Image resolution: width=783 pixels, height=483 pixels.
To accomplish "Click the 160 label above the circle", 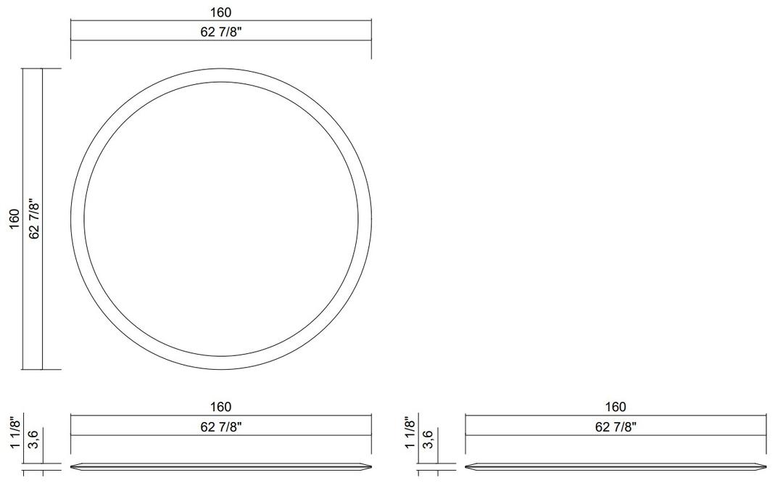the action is tap(220, 12).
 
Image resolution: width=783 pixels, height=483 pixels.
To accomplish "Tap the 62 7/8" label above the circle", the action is tap(220, 32).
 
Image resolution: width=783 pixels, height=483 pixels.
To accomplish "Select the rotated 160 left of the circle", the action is tap(14, 219).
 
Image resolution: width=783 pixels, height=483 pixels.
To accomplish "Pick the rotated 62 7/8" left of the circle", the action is tap(34, 219).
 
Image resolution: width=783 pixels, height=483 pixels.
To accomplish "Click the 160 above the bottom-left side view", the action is tap(220, 407).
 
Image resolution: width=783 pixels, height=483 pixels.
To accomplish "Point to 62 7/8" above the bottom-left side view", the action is tap(220, 427).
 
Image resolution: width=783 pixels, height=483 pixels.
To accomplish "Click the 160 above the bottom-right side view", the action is tap(616, 407).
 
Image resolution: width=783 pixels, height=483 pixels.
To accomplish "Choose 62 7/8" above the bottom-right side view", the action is tap(616, 427).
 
